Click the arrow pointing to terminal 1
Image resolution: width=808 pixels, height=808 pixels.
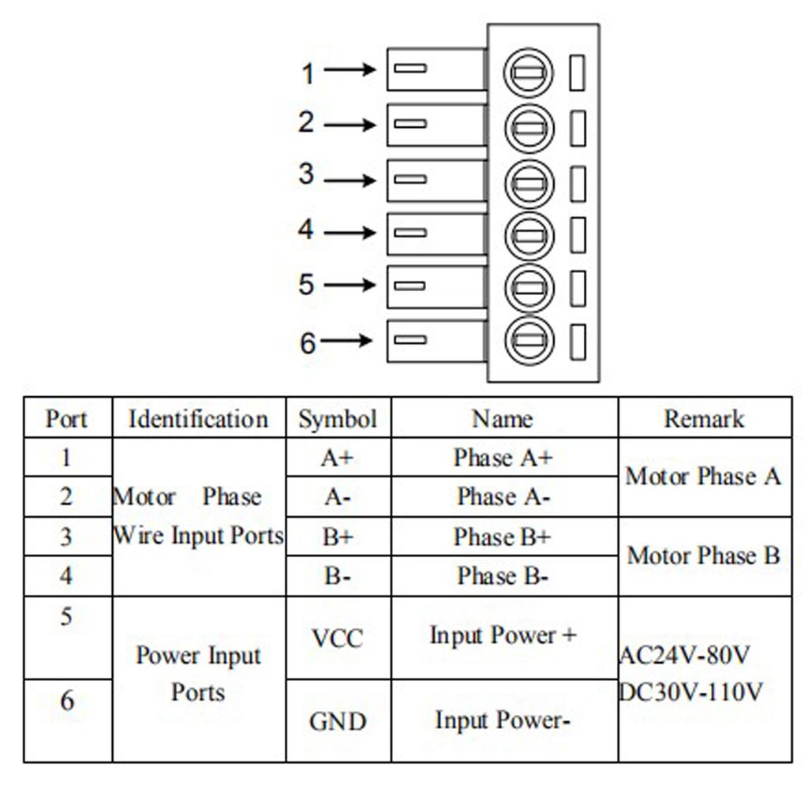pos(350,70)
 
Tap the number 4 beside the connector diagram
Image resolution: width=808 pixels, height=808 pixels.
pos(306,230)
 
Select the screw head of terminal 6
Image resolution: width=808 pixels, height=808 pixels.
pos(529,341)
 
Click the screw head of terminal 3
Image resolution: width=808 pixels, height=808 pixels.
pos(529,183)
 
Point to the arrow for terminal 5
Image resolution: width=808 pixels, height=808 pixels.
pos(350,284)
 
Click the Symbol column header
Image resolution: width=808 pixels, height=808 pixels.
pos(338,419)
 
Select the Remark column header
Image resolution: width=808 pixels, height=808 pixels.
pos(704,418)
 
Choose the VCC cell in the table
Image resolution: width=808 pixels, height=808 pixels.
pos(338,638)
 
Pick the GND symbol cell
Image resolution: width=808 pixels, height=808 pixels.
pos(338,721)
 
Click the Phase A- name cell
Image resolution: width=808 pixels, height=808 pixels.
pos(503,497)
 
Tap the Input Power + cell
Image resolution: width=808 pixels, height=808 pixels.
pos(503,635)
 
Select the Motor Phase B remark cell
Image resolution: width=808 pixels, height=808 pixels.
pos(704,555)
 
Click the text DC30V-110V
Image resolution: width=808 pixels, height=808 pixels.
pos(691,692)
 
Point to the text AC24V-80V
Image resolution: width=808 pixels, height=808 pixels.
pos(685,655)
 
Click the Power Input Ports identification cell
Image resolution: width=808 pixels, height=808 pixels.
pos(198,674)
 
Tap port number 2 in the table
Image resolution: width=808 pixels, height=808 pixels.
pos(66,497)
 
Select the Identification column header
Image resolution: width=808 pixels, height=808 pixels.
pos(198,419)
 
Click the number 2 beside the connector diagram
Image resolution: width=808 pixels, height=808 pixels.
pos(306,122)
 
